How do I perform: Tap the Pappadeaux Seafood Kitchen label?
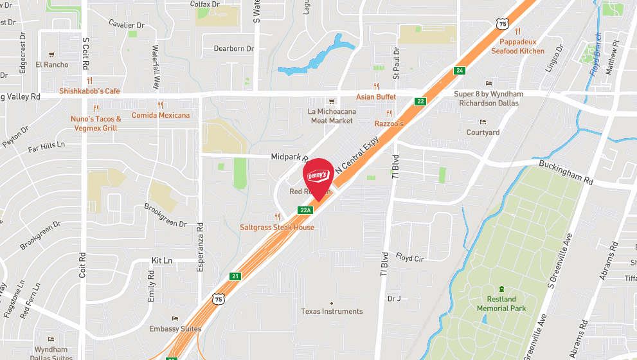click(518, 47)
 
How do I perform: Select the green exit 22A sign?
click(305, 210)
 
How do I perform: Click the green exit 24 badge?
click(459, 71)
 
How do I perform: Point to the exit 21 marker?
click(235, 276)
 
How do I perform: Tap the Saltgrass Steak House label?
click(277, 228)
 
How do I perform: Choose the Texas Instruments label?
click(332, 311)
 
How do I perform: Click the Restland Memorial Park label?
click(501, 304)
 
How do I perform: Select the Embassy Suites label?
click(175, 328)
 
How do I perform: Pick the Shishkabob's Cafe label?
click(90, 91)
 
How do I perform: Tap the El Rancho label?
click(52, 64)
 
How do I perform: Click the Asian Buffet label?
click(376, 96)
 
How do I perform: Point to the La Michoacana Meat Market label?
click(331, 116)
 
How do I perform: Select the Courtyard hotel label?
click(483, 132)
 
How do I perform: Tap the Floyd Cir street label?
click(409, 258)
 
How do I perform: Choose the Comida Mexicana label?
click(161, 115)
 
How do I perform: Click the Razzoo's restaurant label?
click(389, 123)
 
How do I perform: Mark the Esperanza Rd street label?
click(200, 235)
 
